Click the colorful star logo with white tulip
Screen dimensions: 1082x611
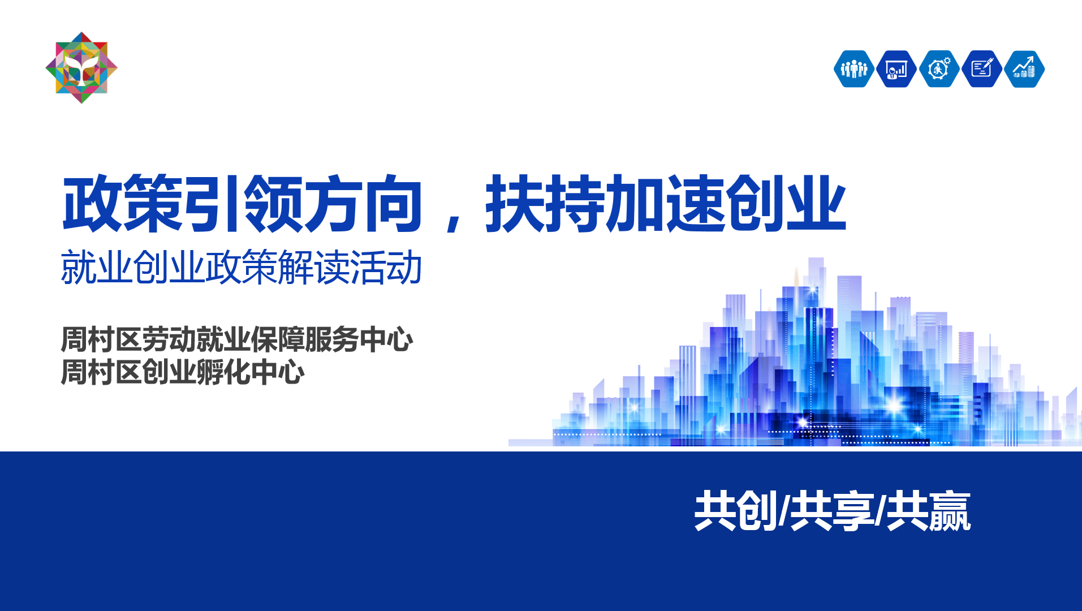81,68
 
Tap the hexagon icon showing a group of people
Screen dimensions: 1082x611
854,69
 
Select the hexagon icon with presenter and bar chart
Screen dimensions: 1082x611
896,69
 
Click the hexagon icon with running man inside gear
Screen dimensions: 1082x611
939,69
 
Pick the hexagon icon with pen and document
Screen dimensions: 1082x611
982,69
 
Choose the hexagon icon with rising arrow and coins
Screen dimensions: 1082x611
1024,69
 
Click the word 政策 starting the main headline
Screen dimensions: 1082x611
122,204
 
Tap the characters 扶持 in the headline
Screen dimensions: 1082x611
545,204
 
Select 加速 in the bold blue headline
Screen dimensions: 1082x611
665,204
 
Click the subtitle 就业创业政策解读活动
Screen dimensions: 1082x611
242,268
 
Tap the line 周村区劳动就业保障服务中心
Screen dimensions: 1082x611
237,339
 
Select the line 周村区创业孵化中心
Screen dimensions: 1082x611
183,372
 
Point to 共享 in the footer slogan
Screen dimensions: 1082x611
831,511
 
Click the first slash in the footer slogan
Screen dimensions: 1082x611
784,511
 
